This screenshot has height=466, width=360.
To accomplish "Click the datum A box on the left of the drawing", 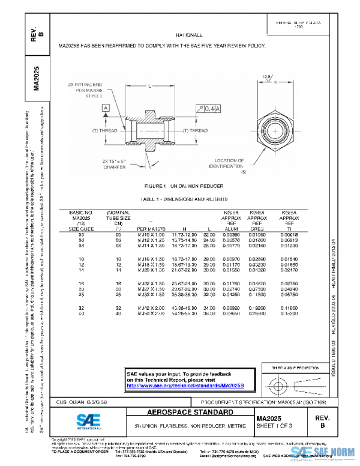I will point(106,107).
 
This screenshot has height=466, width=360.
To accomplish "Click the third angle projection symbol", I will point(294,383).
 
